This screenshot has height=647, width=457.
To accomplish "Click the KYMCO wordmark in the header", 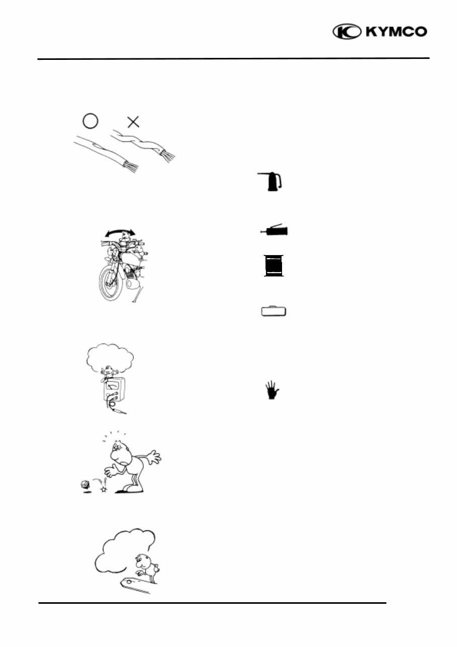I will (x=397, y=32).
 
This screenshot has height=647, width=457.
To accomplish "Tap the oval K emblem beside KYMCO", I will (x=347, y=32).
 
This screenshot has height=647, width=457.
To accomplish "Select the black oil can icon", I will (x=272, y=182).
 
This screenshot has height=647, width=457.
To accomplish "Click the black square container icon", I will (x=274, y=266).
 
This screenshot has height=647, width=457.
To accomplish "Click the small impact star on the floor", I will (x=104, y=489).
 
